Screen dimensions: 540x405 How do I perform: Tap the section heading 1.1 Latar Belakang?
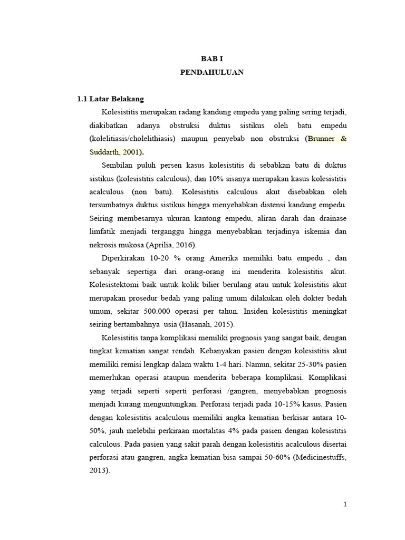point(110,99)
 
